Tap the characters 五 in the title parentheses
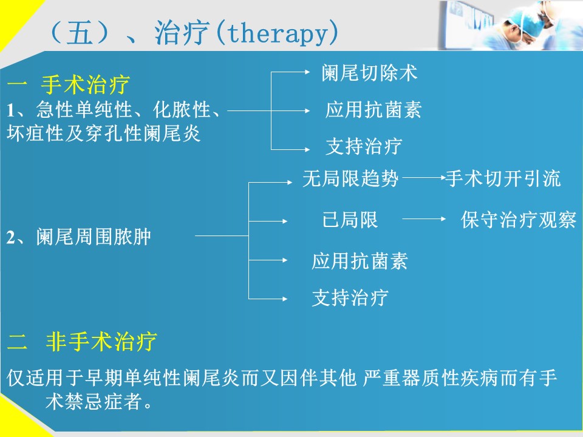point(80,33)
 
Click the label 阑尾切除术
point(369,72)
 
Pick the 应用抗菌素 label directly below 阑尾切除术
point(373,110)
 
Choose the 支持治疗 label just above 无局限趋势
point(364,146)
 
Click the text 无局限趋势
point(350,178)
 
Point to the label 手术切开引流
point(503,178)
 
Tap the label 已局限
point(350,220)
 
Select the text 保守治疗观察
point(519,220)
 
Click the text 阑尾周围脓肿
point(94,237)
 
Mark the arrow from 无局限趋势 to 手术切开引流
point(424,178)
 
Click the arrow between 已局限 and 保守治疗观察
point(424,219)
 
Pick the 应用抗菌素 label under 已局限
point(360,261)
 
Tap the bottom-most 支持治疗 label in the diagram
point(350,298)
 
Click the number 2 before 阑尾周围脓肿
point(10,237)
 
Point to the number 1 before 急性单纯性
point(10,110)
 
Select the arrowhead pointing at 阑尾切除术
point(307,72)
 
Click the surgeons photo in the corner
point(510,25)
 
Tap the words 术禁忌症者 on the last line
point(94,401)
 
